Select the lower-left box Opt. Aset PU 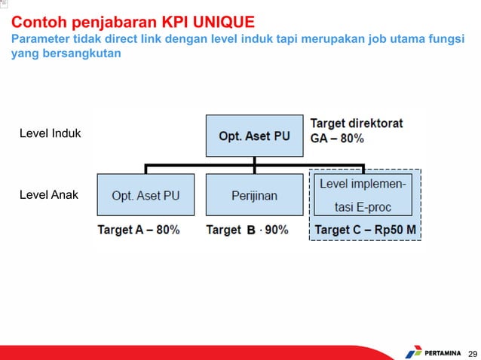pyautogui.click(x=146, y=195)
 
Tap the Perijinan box pyautogui.click(x=254, y=195)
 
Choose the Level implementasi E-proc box pyautogui.click(x=363, y=195)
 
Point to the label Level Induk pyautogui.click(x=50, y=134)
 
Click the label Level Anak pyautogui.click(x=48, y=195)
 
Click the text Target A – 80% pyautogui.click(x=139, y=230)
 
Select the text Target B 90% pyautogui.click(x=247, y=230)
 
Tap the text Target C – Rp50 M pyautogui.click(x=365, y=230)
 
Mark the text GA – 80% pyautogui.click(x=337, y=139)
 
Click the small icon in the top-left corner pyautogui.click(x=4, y=4)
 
